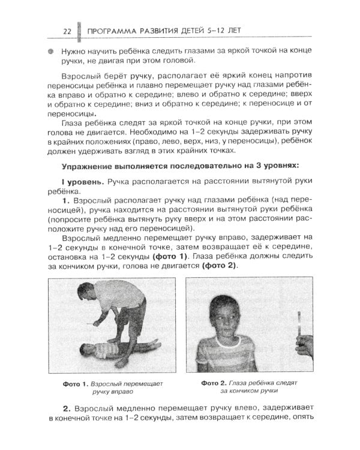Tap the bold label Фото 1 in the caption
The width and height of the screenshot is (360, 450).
75,382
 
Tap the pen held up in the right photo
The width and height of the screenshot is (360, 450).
298,323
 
